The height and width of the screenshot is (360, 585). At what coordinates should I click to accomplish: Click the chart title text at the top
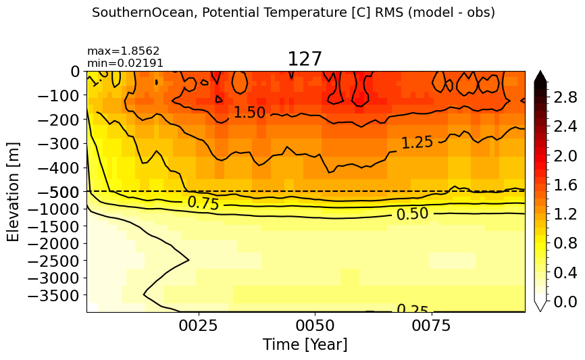293,13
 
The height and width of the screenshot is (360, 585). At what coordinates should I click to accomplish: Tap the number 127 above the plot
305,59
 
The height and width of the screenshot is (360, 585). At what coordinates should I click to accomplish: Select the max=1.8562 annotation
123,51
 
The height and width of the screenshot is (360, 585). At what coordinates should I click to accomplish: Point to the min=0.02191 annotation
125,63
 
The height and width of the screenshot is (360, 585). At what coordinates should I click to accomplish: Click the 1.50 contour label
249,112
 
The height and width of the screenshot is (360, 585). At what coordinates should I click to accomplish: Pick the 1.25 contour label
417,143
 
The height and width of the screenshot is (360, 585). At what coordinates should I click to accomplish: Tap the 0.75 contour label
203,203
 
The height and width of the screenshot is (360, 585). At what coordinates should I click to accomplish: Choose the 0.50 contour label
412,214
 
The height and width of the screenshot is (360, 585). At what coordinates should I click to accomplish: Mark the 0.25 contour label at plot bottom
412,308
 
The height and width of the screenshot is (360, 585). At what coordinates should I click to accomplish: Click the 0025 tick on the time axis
198,326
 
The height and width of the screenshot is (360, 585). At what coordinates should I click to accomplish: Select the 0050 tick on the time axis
315,326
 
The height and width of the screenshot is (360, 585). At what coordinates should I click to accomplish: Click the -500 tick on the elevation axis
59,192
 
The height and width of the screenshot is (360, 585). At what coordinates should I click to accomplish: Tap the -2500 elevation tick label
54,261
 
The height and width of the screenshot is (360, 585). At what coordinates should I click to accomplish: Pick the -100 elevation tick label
59,96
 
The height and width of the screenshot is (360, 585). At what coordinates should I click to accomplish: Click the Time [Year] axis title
305,344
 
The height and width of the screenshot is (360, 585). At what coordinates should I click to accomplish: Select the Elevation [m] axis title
13,192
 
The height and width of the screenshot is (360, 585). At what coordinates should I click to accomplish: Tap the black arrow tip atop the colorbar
540,72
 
